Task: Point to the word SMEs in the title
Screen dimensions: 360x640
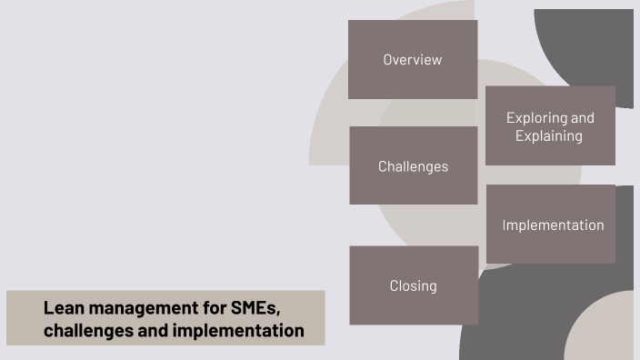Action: pyautogui.click(x=253, y=308)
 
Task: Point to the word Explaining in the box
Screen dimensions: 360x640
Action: pyautogui.click(x=548, y=136)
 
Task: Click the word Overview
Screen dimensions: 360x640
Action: pyautogui.click(x=412, y=60)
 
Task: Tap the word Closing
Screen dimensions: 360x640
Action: pyautogui.click(x=414, y=285)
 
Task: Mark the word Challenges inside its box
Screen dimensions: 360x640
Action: pyautogui.click(x=413, y=166)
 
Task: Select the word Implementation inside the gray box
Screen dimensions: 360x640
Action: pyautogui.click(x=553, y=225)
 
